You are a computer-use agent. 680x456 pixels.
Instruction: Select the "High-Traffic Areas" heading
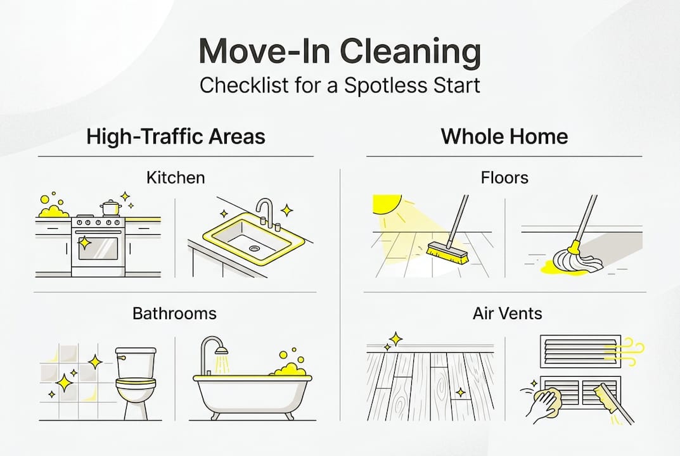176,136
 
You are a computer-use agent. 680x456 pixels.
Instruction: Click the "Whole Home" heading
504,136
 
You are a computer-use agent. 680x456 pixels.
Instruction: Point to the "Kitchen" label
176,177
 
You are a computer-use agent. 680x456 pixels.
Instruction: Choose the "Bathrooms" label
174,313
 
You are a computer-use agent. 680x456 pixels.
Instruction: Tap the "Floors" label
504,177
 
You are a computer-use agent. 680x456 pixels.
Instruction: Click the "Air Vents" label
507,313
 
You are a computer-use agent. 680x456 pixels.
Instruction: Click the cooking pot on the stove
110,208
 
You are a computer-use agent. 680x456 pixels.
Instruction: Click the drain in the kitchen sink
254,249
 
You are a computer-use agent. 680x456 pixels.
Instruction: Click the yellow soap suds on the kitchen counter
53,210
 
